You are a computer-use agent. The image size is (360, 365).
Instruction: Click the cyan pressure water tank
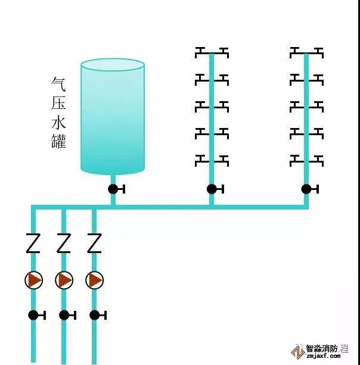pyautogui.click(x=113, y=116)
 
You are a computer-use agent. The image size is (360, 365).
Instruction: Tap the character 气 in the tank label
pyautogui.click(x=59, y=84)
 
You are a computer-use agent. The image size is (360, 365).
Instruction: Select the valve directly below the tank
pyautogui.click(x=113, y=189)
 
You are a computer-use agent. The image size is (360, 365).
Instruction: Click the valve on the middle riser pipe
pyautogui.click(x=212, y=189)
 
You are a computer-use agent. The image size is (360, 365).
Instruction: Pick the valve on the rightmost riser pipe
pyautogui.click(x=306, y=189)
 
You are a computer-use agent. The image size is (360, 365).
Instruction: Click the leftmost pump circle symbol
pyautogui.click(x=34, y=280)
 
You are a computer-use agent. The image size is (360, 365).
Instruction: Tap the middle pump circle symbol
pyautogui.click(x=64, y=280)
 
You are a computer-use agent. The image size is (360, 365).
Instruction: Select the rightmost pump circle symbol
pyautogui.click(x=94, y=280)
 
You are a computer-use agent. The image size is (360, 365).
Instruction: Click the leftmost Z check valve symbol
pyautogui.click(x=33, y=243)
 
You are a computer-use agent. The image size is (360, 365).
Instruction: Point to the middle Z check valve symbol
pyautogui.click(x=64, y=243)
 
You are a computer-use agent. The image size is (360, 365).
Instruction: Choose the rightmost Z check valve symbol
pyautogui.click(x=94, y=243)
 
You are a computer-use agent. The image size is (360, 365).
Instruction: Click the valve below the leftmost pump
pyautogui.click(x=34, y=315)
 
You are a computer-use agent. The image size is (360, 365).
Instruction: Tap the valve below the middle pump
pyautogui.click(x=64, y=315)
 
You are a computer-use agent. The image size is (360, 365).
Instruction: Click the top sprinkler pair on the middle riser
pyautogui.click(x=212, y=52)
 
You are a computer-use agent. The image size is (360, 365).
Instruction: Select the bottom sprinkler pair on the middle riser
pyautogui.click(x=212, y=160)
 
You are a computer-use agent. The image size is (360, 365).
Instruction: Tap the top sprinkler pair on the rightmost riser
pyautogui.click(x=306, y=52)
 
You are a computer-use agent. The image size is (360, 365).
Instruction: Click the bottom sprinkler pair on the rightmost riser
pyautogui.click(x=306, y=160)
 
